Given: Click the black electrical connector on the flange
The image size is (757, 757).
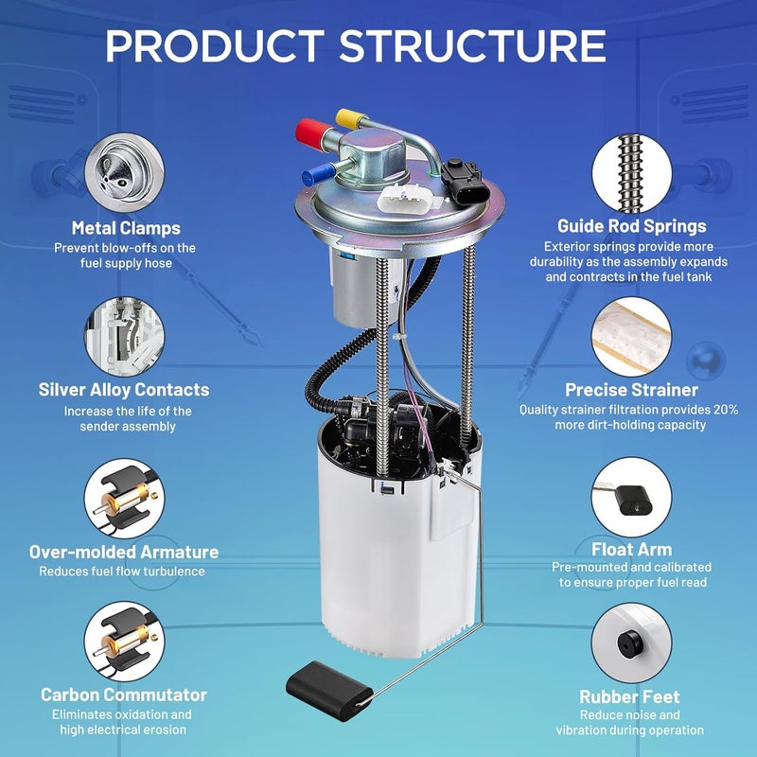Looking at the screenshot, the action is coord(465,183).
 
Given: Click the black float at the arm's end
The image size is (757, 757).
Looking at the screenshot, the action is coord(328,691).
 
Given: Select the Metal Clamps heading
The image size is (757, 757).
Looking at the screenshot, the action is coord(126,228).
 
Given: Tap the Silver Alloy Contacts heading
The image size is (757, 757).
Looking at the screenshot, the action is coord(124,390).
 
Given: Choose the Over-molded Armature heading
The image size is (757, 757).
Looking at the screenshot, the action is coord(124,552).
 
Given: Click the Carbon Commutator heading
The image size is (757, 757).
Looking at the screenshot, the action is coord(124,695).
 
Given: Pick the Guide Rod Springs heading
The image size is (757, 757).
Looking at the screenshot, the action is coord(631,226).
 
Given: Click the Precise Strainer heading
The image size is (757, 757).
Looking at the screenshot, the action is coord(631,390).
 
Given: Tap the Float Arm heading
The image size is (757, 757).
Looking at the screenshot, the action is coord(631,550).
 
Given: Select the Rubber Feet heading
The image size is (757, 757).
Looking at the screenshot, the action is coord(629,696).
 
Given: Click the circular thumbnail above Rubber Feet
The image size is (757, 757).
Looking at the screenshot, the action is coord(631,643).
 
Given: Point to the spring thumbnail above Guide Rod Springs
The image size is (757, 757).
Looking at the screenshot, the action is coord(631,173).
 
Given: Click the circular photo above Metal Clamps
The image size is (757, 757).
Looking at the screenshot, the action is coord(125,173).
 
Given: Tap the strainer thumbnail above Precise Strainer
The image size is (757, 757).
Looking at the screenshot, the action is coord(631,337).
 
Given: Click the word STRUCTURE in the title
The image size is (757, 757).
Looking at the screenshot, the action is coord(472,45).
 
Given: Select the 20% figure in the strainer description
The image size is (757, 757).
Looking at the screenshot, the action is coord(726,410).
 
